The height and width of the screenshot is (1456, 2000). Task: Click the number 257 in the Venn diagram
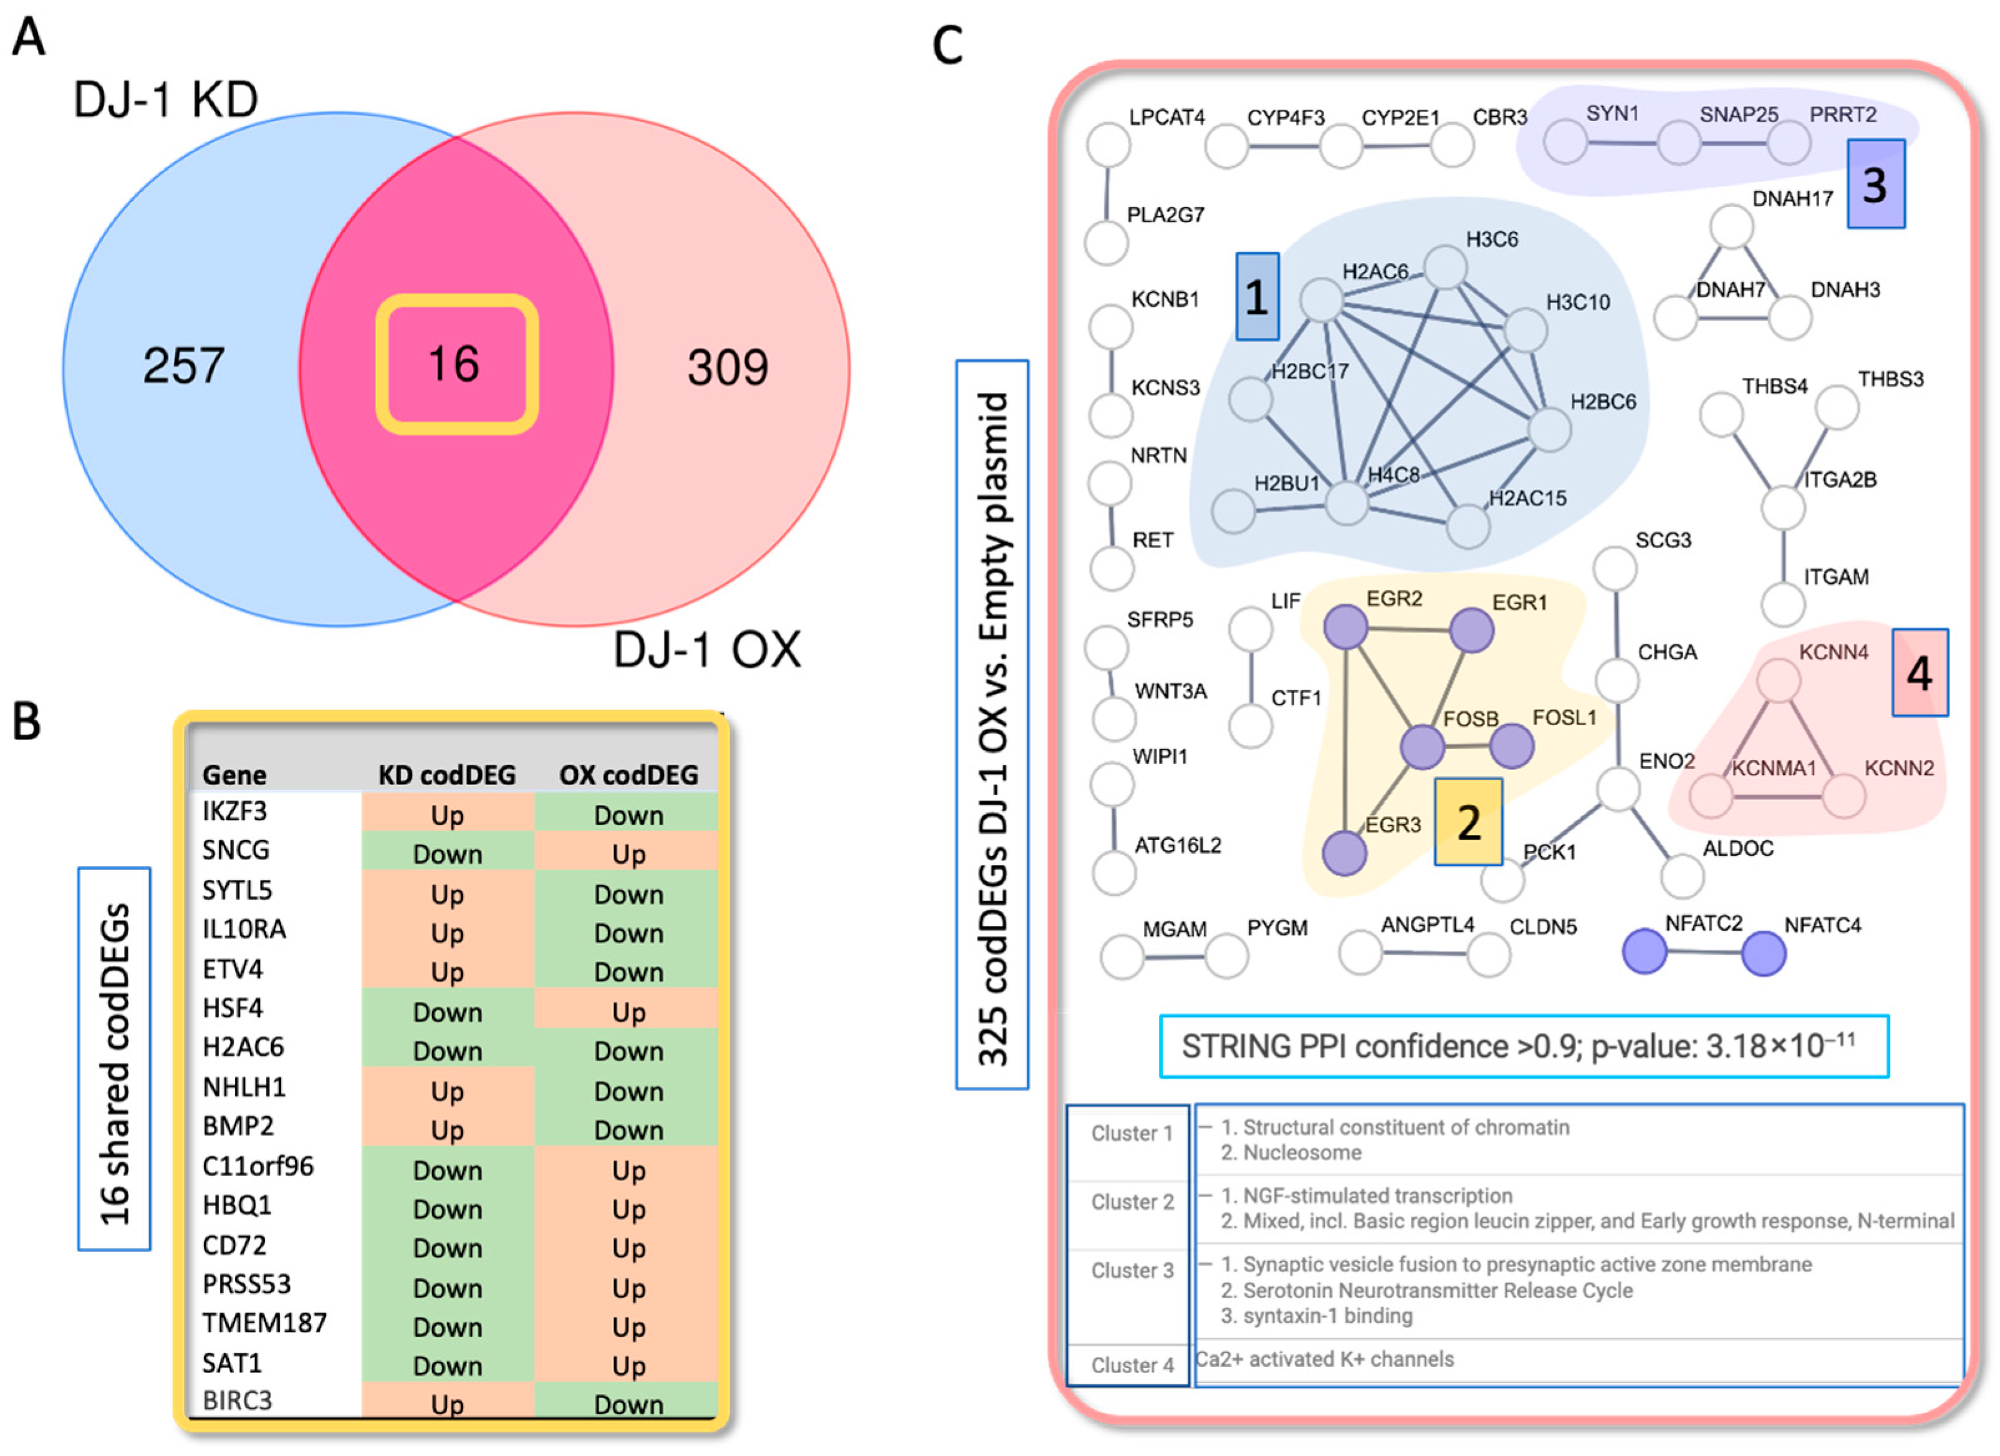tap(183, 365)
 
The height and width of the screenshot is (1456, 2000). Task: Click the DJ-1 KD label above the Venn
tap(166, 100)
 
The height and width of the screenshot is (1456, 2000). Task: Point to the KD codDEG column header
tap(446, 774)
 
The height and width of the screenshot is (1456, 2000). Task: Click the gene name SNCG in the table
tap(236, 849)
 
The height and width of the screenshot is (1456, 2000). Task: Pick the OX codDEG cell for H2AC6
tap(628, 1050)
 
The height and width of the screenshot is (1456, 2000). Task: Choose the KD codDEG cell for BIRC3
tap(446, 1403)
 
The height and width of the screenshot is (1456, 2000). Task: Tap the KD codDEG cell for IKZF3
tap(446, 814)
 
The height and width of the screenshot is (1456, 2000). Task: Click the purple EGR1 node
tap(1471, 630)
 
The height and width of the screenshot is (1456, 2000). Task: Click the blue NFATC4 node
tap(1764, 953)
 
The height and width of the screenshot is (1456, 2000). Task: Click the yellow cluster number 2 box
tap(1468, 822)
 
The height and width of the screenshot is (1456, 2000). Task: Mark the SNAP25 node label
tap(1738, 115)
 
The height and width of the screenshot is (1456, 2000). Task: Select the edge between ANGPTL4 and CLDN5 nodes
tap(1424, 952)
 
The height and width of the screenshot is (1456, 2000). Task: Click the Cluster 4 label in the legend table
tap(1132, 1365)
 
